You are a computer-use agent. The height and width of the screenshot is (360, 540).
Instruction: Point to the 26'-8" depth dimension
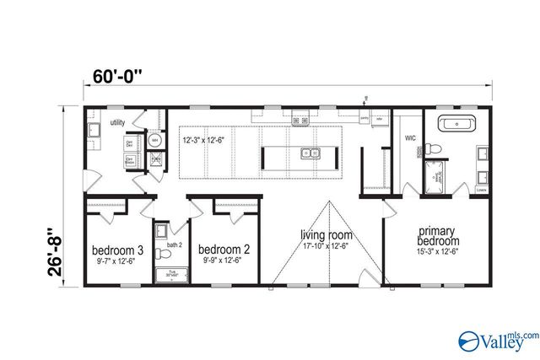coord(57,251)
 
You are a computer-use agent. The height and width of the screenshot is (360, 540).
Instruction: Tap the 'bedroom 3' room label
coord(117,250)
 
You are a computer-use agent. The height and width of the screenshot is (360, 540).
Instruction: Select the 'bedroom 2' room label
coord(224,250)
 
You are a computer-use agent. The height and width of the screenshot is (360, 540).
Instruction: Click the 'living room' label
coord(325,234)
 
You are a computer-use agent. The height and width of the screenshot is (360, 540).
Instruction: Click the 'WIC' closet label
coord(410,137)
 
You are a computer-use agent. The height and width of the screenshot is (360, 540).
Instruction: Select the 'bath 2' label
coord(174,245)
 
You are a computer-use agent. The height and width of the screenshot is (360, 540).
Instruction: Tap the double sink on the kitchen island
coord(310,153)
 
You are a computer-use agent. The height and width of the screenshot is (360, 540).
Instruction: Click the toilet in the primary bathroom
coord(434,148)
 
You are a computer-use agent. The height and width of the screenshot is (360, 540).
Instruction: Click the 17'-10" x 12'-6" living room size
coord(325,246)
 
